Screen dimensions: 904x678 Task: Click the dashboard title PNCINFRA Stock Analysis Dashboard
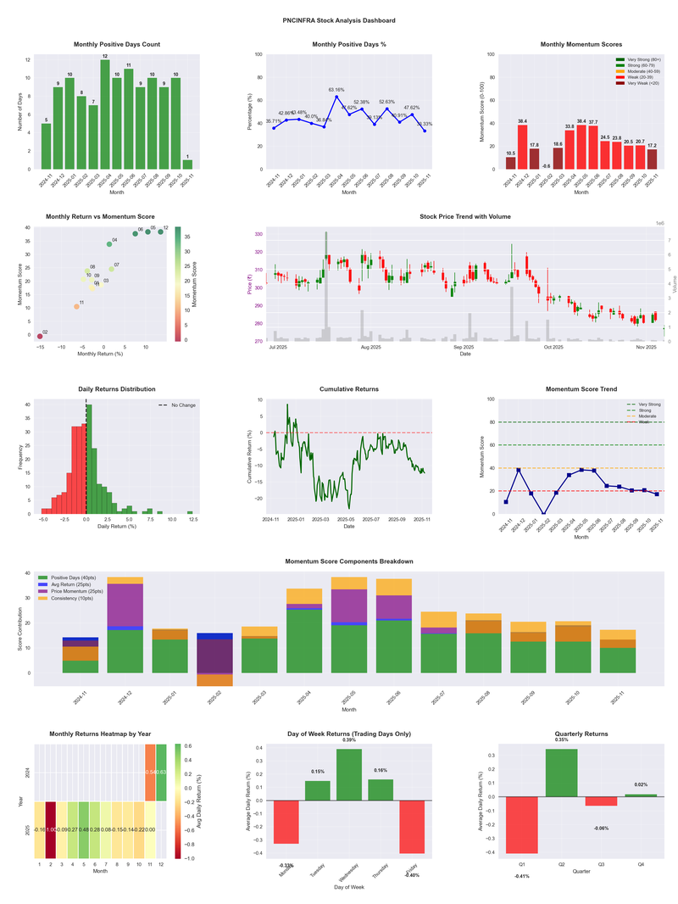339,20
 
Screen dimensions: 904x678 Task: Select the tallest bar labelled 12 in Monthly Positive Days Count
105,114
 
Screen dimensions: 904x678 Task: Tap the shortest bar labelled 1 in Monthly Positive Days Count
187,164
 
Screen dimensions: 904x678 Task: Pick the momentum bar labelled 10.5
510,163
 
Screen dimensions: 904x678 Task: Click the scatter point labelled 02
40,337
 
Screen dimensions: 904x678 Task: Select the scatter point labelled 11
76,306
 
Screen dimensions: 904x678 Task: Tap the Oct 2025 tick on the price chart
553,347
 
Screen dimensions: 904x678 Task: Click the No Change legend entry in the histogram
181,405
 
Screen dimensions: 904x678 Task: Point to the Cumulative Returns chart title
349,389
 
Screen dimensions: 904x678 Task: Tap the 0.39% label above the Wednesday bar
349,740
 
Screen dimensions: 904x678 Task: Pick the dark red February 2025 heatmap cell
51,829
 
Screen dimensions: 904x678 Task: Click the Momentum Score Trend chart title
581,389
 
